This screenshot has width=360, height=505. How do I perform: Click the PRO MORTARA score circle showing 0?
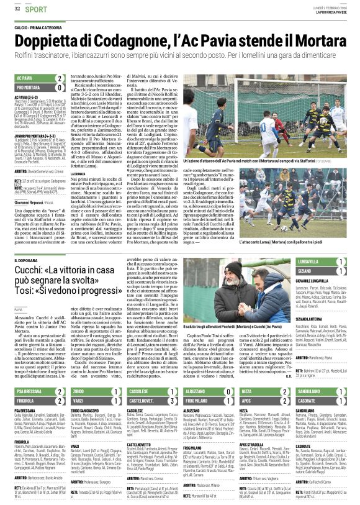pyautogui.click(x=60, y=88)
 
